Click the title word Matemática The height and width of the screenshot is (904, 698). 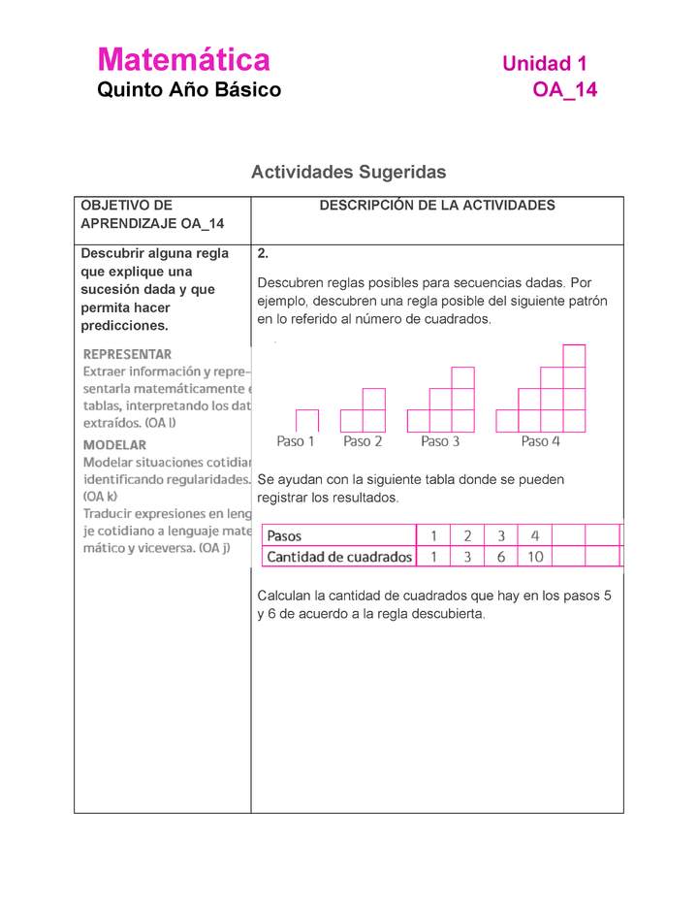(183, 60)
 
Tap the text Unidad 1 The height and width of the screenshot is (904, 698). (544, 64)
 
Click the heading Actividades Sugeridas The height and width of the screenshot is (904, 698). (348, 172)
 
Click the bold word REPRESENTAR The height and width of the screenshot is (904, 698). (127, 354)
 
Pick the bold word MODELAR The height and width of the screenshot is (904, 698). (114, 444)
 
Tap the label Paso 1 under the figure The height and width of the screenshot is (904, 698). (296, 441)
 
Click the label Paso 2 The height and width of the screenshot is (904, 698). (363, 441)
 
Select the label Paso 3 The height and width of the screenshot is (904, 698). (440, 441)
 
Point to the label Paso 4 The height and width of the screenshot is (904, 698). (541, 441)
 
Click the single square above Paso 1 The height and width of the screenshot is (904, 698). (307, 421)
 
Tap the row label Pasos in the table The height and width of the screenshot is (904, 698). (284, 535)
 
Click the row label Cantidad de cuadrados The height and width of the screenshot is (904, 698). (339, 557)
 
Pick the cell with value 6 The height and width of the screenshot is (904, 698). (501, 557)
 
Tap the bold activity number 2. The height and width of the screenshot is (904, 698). (263, 253)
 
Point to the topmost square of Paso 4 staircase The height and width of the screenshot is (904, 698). (574, 355)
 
